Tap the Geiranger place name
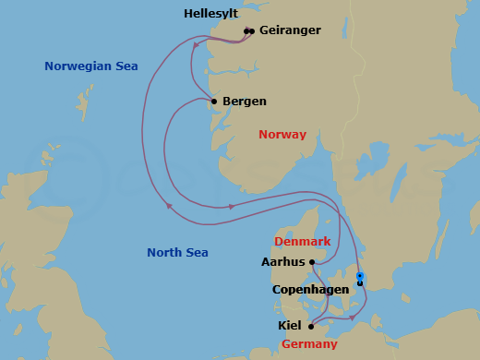(x=290, y=30)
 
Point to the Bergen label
(x=245, y=102)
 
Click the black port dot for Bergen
(x=214, y=102)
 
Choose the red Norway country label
(x=282, y=135)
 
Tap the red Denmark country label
(x=302, y=242)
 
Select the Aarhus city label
(x=283, y=262)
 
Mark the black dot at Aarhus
(x=312, y=262)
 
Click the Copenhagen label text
(x=310, y=290)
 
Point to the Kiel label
(x=290, y=326)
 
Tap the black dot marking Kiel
(x=311, y=326)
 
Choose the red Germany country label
(x=309, y=344)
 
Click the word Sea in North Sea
(x=195, y=253)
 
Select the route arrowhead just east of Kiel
(x=352, y=318)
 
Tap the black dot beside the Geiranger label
(x=251, y=31)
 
